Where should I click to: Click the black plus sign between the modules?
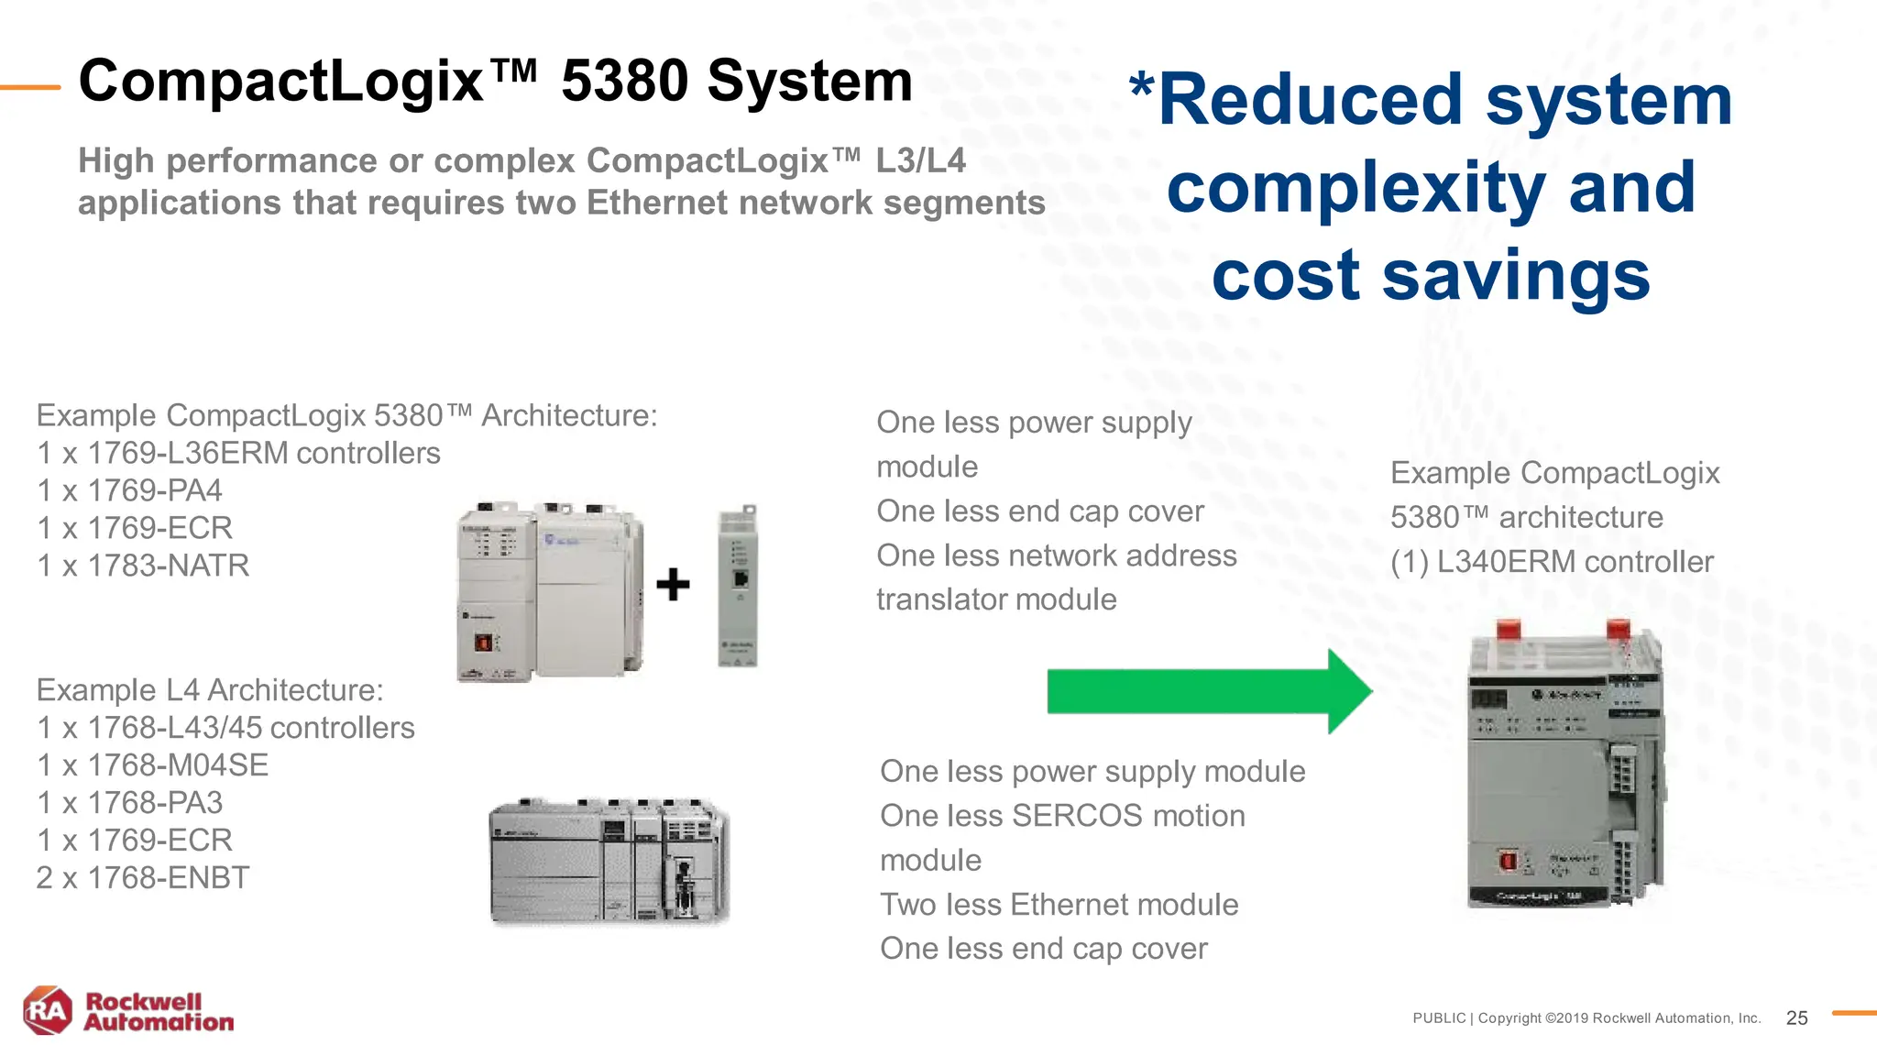coord(673,585)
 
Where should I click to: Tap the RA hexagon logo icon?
coord(48,1011)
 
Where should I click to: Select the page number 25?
coord(1796,1017)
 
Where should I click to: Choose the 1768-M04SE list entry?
coord(178,764)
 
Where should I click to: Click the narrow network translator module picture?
coord(738,585)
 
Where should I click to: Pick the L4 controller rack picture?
coord(609,861)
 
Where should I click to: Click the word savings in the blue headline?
coord(1516,275)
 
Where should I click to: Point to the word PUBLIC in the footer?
coord(1439,1018)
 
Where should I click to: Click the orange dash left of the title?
coord(30,87)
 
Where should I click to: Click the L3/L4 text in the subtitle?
coord(920,161)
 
